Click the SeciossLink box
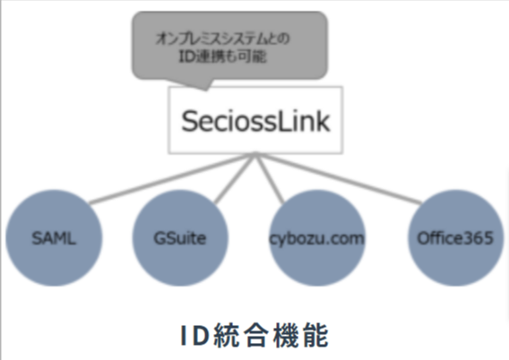256,121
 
